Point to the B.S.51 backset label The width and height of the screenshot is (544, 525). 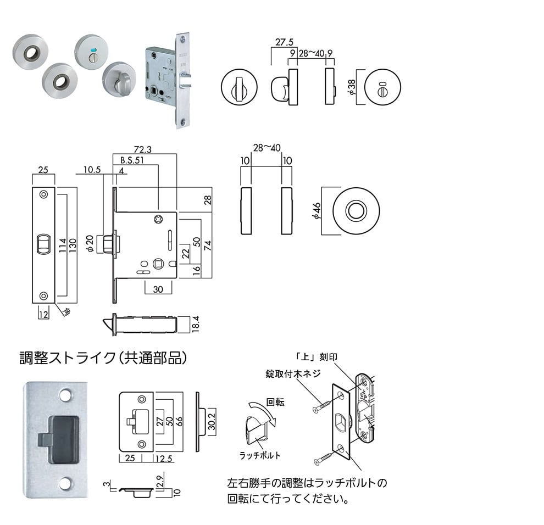(132, 161)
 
